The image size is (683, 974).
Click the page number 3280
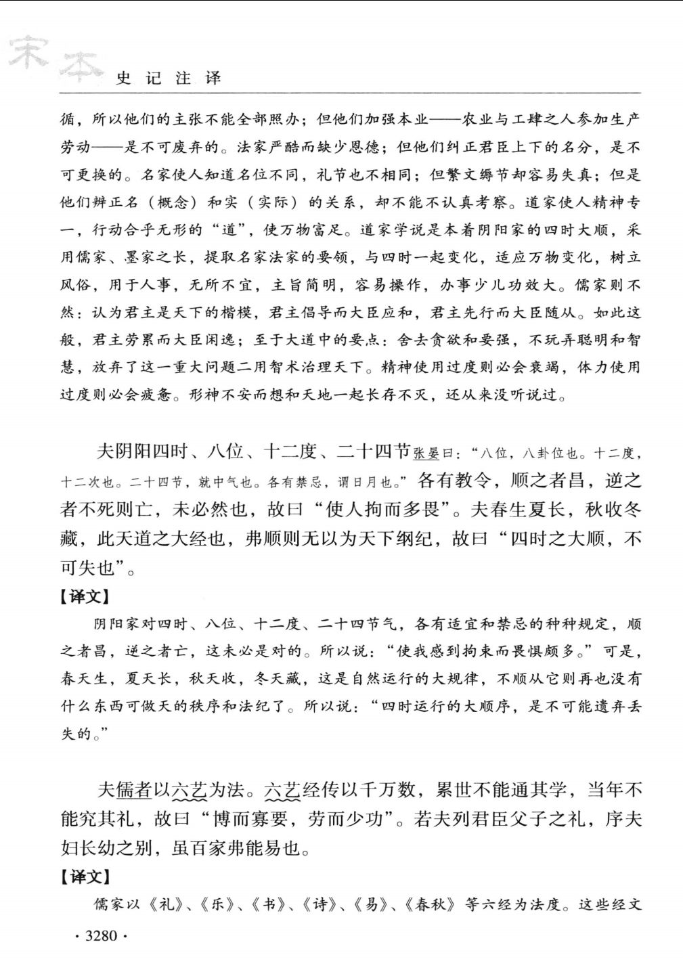click(x=102, y=936)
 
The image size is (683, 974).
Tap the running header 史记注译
click(x=169, y=78)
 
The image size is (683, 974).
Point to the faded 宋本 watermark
click(x=54, y=58)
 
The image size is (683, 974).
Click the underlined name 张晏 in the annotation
click(x=426, y=453)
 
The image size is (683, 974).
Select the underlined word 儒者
click(x=133, y=790)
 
